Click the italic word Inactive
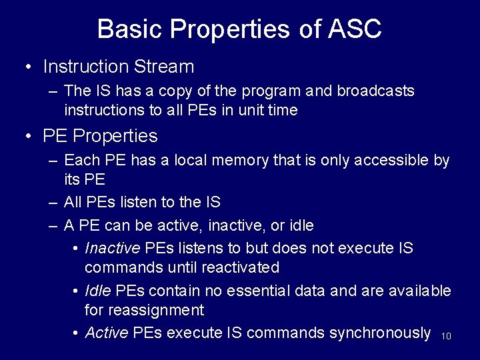click(x=113, y=249)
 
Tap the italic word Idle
click(x=98, y=291)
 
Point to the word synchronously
click(x=379, y=333)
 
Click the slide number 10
click(x=447, y=337)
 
